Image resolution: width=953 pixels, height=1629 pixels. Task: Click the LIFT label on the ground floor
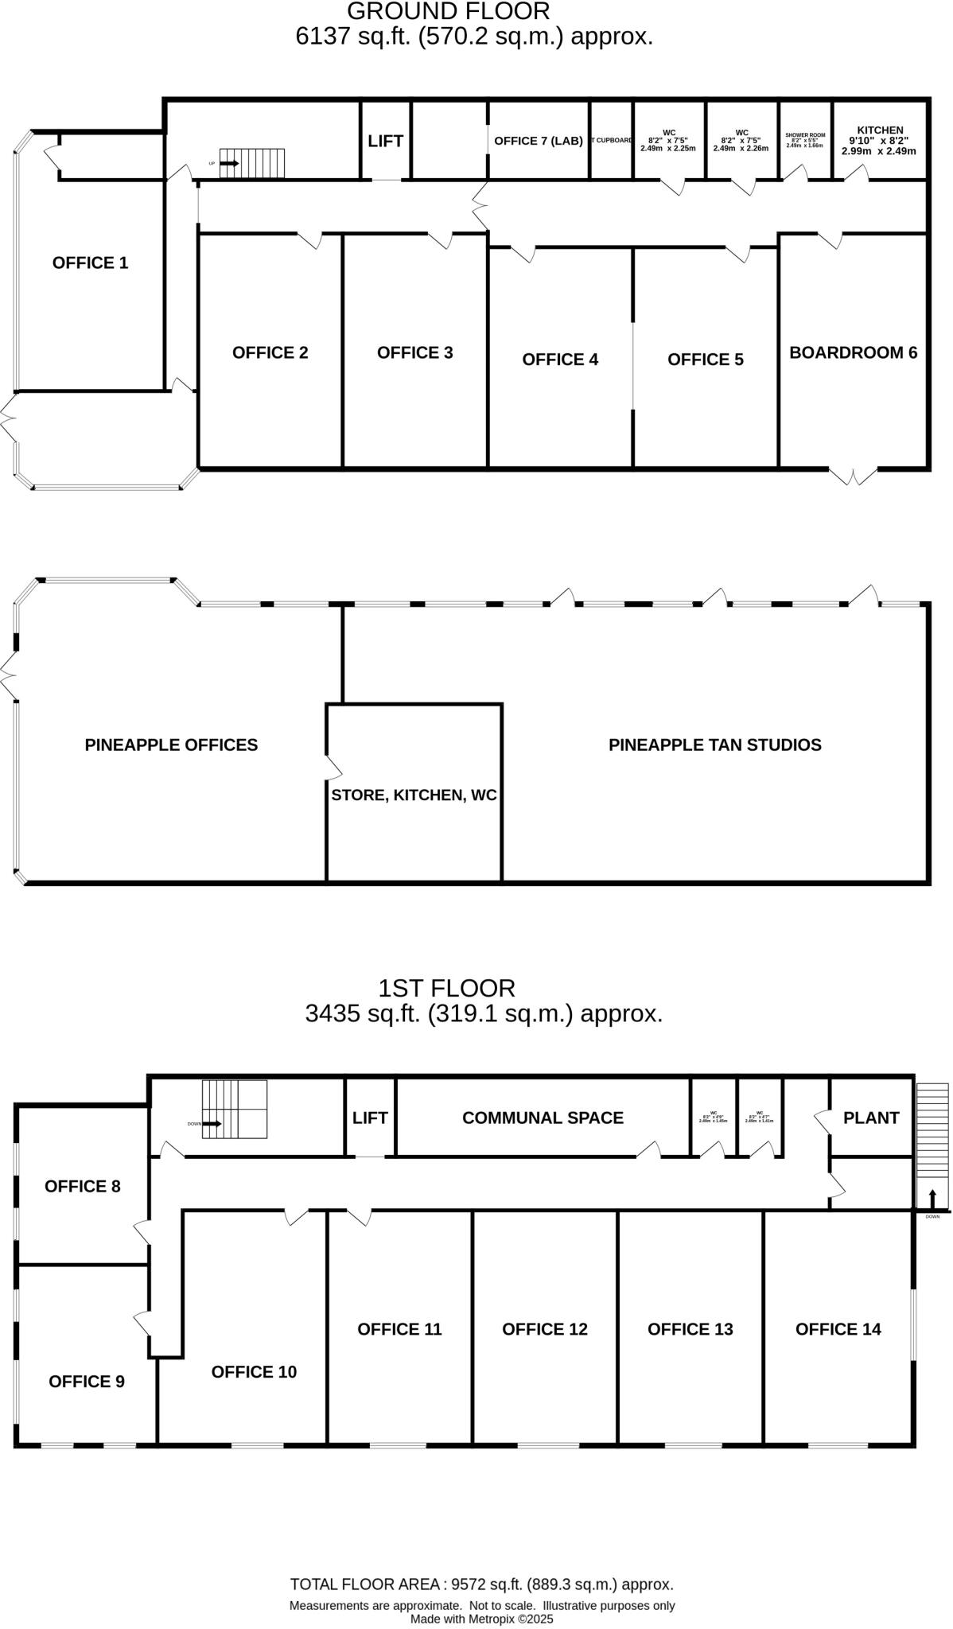point(385,141)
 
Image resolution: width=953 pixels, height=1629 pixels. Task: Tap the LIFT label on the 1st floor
point(370,1118)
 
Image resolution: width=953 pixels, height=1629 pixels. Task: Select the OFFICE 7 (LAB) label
point(539,141)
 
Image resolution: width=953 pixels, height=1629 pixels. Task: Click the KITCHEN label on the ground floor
point(880,130)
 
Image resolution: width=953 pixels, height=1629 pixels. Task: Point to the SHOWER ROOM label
point(805,135)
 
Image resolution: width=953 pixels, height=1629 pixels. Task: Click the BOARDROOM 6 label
point(853,352)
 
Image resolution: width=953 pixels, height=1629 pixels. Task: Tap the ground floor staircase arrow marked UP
point(229,163)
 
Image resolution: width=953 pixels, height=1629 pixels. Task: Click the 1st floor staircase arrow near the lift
point(212,1124)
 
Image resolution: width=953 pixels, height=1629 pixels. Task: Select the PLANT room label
point(871,1118)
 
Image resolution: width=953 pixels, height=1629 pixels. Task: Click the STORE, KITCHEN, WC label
point(414,795)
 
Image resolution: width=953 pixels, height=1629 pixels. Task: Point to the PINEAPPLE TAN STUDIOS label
point(714,745)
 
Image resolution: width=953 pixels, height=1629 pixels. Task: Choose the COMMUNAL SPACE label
point(543,1118)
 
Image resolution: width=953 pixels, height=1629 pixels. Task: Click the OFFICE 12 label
point(545,1329)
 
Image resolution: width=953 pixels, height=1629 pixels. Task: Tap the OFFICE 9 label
point(87,1382)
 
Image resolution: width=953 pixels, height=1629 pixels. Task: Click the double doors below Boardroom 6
point(854,476)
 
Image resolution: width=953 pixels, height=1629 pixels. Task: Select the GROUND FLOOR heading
point(449,12)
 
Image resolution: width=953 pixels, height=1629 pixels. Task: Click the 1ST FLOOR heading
point(446,988)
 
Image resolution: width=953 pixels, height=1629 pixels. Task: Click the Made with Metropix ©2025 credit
point(481,1619)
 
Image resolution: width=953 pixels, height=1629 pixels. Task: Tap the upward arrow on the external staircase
point(932,1198)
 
